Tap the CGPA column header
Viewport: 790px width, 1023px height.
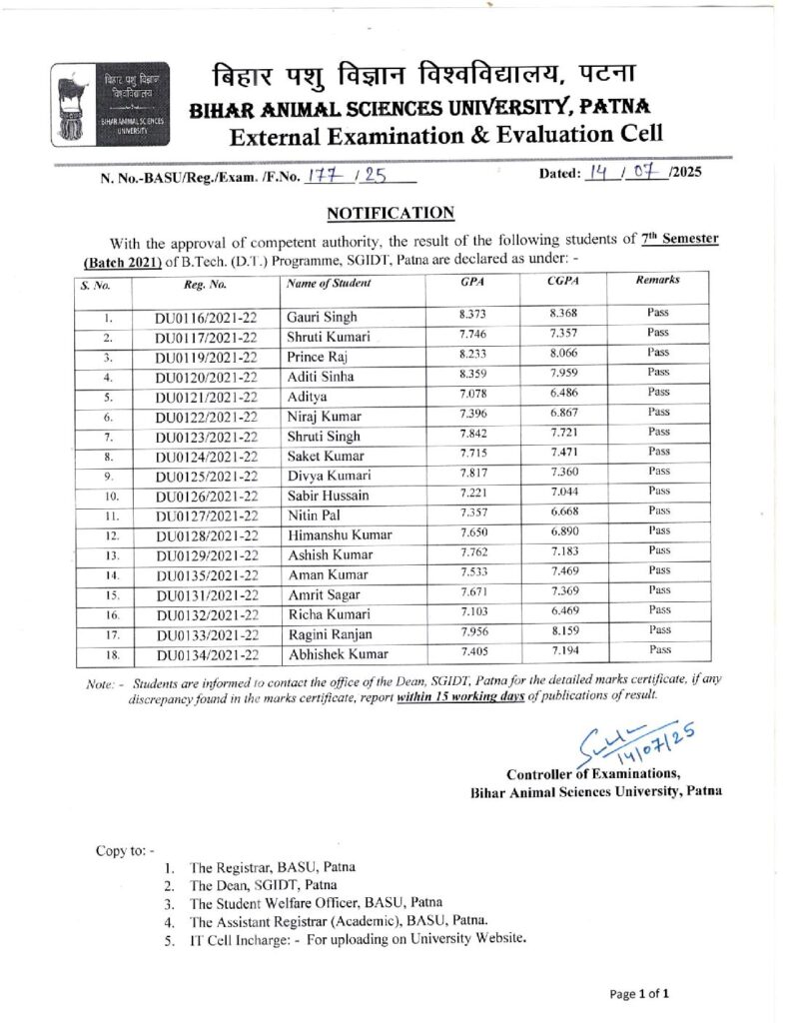click(563, 283)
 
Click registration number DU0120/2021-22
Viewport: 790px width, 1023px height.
click(207, 376)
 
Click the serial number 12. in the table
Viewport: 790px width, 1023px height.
click(114, 535)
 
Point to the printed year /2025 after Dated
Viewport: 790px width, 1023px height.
click(686, 172)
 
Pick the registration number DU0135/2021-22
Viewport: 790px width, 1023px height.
click(207, 574)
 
